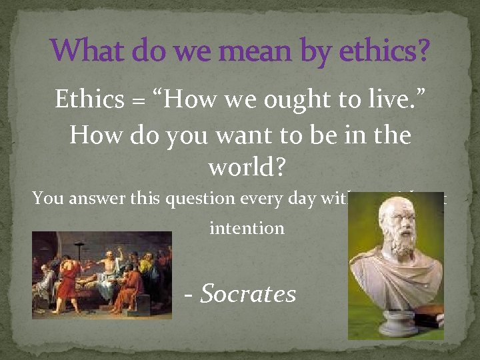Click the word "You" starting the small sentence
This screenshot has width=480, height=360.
click(x=47, y=198)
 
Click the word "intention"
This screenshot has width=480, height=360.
click(x=247, y=228)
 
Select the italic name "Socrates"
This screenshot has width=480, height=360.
click(x=248, y=293)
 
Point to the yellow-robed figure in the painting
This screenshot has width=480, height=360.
click(x=141, y=273)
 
